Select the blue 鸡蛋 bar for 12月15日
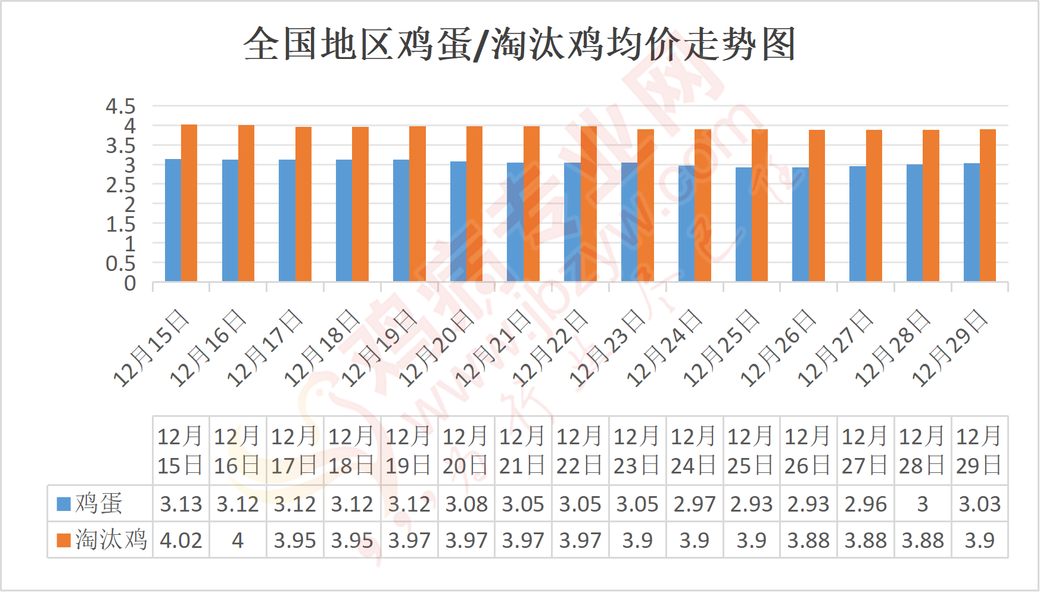pos(173,220)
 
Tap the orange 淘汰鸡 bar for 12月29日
pos(988,205)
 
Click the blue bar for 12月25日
pos(743,225)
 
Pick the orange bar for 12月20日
pos(474,204)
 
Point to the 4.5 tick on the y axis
pos(121,107)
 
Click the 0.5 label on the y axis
pos(121,264)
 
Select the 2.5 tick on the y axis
pos(121,185)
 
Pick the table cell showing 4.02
pos(181,540)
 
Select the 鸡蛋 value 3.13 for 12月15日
pos(181,504)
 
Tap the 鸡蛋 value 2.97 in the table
pos(695,504)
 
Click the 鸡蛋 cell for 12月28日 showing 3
pos(923,504)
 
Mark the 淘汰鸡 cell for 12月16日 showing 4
pos(238,540)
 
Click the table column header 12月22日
pos(580,451)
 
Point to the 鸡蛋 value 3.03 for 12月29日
pos(980,504)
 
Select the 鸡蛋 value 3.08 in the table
pos(466,504)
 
